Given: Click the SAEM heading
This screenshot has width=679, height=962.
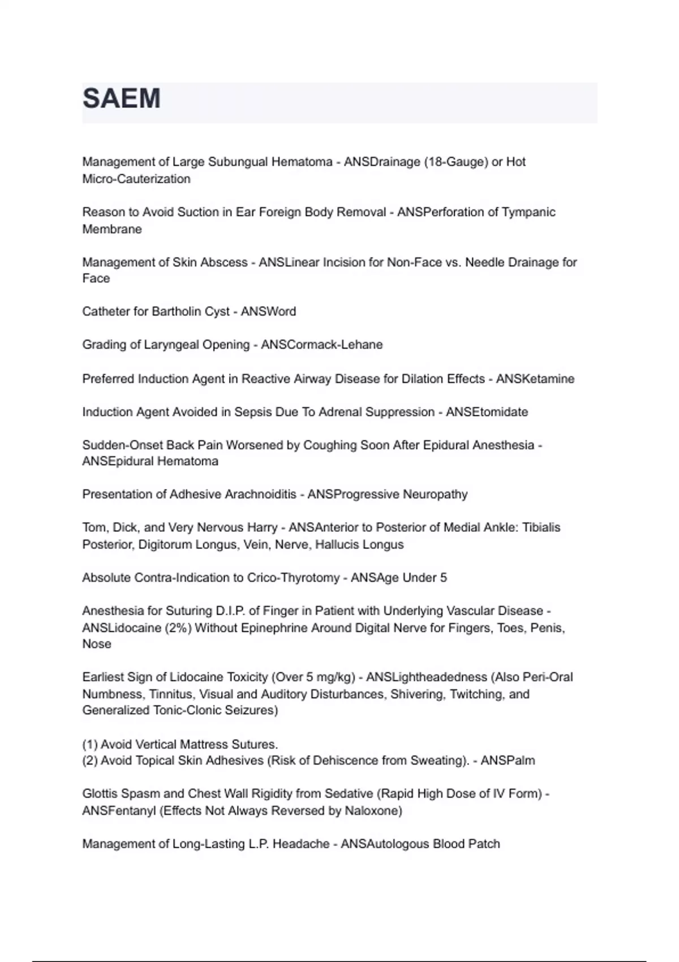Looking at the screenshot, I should click(122, 98).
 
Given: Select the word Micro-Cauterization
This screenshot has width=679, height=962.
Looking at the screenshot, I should click(136, 179).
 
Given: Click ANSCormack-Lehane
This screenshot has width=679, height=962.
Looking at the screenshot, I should click(321, 345).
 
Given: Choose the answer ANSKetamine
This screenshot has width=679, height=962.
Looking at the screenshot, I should click(535, 379).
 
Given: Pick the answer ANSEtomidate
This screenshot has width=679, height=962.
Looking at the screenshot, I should click(487, 412).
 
